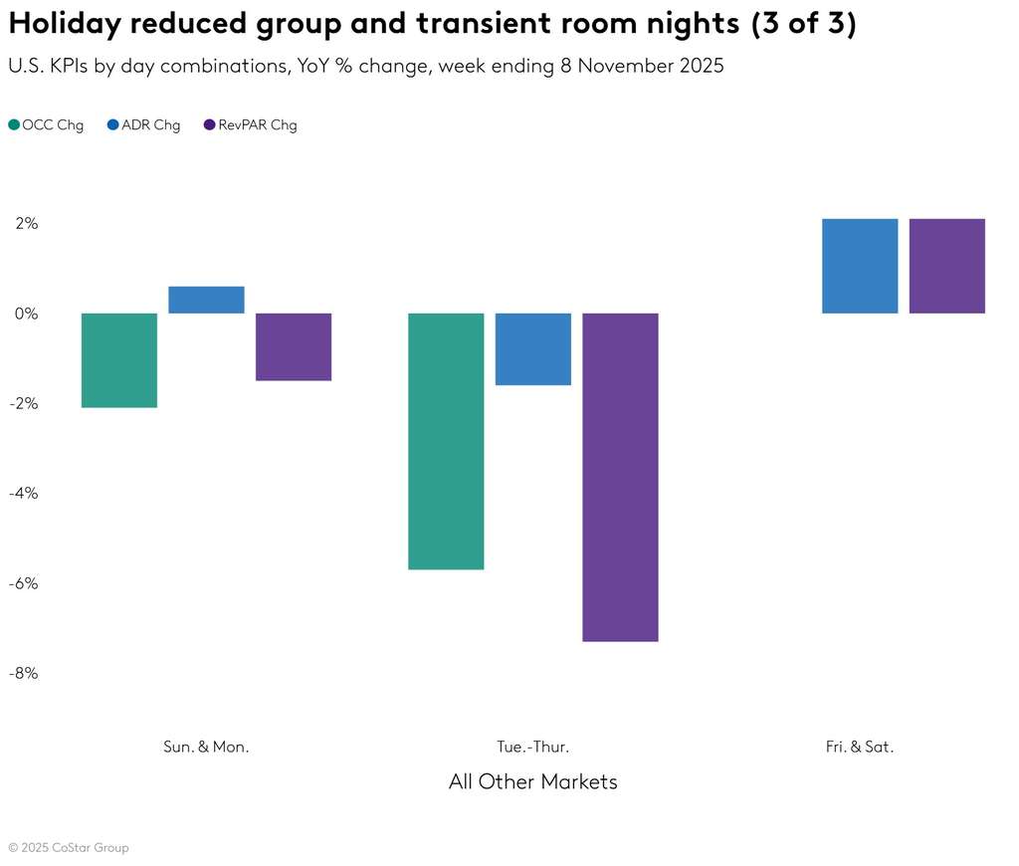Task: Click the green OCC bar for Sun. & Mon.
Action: [x=119, y=360]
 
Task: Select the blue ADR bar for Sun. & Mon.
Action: [x=207, y=300]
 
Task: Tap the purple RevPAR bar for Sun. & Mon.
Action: [x=294, y=346]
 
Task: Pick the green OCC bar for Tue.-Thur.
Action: [x=447, y=441]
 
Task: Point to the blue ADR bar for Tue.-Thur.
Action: [x=533, y=349]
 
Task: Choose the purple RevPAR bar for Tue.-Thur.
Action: [x=620, y=477]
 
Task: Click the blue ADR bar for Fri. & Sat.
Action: [x=860, y=266]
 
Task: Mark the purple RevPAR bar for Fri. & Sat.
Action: [x=947, y=266]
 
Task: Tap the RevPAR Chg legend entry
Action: [x=250, y=125]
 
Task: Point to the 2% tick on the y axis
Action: [x=26, y=224]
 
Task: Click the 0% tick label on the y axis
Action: [x=26, y=314]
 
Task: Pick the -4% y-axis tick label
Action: [x=24, y=493]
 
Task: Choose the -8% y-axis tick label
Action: [x=24, y=673]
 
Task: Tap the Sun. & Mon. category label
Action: [x=206, y=747]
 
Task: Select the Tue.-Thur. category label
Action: [x=533, y=747]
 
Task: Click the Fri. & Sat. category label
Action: [x=860, y=747]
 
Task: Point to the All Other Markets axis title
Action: [x=533, y=781]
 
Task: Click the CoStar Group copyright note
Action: [x=69, y=848]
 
